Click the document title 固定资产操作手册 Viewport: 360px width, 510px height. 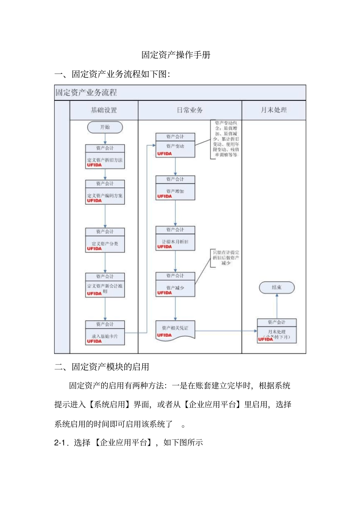(x=176, y=55)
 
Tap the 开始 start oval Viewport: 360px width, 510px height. (x=105, y=127)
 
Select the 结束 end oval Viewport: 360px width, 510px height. (x=277, y=287)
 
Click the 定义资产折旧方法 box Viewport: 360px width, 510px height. (x=105, y=157)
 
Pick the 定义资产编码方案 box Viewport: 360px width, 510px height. (x=105, y=193)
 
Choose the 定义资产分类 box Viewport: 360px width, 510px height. (x=105, y=240)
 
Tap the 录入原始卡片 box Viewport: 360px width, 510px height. (x=105, y=333)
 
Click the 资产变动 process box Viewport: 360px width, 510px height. (x=175, y=146)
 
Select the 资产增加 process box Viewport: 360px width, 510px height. (x=175, y=188)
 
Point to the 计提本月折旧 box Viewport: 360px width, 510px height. (x=175, y=239)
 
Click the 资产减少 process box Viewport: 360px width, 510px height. (x=175, y=284)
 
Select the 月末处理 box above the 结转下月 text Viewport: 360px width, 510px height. (x=277, y=331)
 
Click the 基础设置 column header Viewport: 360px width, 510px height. (x=104, y=110)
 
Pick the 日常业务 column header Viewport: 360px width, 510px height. (x=190, y=110)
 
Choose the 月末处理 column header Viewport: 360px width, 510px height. (x=274, y=110)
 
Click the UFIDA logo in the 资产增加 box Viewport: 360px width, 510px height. (x=164, y=196)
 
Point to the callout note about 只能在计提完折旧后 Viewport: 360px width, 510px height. (x=225, y=258)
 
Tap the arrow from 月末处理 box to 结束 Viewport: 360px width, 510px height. (x=277, y=306)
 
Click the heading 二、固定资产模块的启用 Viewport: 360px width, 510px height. (x=102, y=367)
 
